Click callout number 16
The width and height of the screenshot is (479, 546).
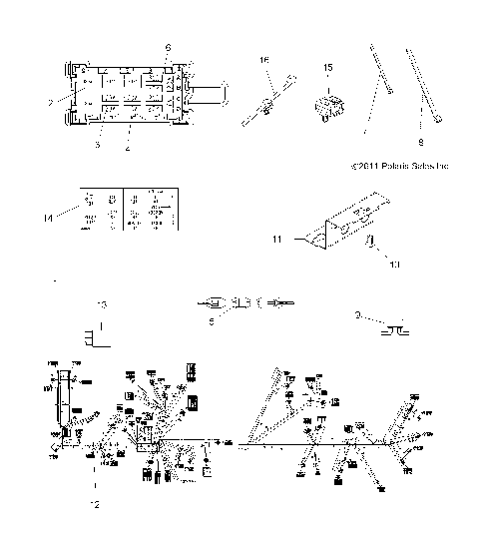pyautogui.click(x=265, y=60)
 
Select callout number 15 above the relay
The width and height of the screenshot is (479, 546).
pyautogui.click(x=327, y=67)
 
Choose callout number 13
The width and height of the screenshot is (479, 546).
pyautogui.click(x=100, y=301)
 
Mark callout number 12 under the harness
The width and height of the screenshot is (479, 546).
pyautogui.click(x=96, y=504)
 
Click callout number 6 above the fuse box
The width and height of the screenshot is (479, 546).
pyautogui.click(x=168, y=48)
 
